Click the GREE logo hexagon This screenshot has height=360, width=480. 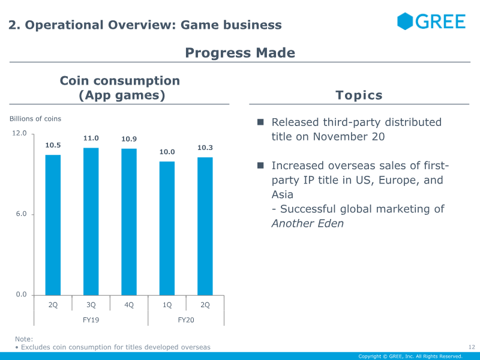click(405, 22)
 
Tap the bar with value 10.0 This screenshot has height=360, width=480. click(167, 228)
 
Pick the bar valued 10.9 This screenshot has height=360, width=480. click(129, 221)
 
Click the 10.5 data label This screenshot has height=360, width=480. click(53, 145)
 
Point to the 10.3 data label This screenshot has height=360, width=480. click(205, 148)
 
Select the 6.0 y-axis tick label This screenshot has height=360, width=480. click(21, 214)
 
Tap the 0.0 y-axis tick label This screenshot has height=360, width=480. click(21, 295)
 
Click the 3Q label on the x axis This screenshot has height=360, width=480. click(91, 305)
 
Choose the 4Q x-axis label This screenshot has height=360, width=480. click(129, 305)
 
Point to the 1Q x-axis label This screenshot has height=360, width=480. click(167, 305)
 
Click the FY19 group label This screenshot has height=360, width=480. click(91, 320)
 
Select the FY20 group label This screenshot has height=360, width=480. click(186, 320)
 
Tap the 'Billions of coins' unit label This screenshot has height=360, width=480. click(35, 119)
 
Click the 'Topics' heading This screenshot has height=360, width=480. click(359, 95)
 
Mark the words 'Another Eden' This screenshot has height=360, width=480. click(308, 223)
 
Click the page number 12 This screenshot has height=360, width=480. click(471, 347)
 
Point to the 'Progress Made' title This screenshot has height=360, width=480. click(240, 53)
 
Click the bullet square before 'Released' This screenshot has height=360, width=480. click(261, 122)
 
